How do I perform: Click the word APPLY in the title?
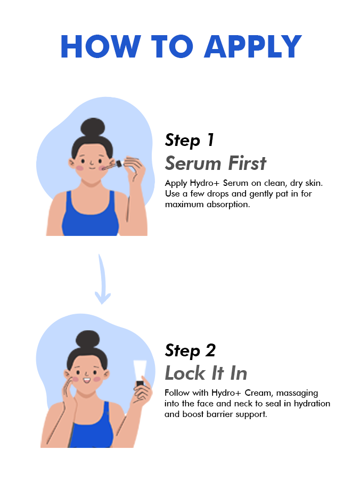(x=253, y=46)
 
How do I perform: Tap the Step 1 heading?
(x=190, y=140)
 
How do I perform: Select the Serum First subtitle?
(x=216, y=163)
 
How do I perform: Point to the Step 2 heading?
(x=190, y=350)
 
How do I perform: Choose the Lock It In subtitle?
(x=206, y=373)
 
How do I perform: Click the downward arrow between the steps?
(x=102, y=280)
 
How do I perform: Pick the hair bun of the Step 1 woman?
(x=93, y=127)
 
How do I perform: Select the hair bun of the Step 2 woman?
(x=88, y=340)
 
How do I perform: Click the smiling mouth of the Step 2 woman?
(x=87, y=380)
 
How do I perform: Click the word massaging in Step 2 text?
(x=297, y=394)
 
